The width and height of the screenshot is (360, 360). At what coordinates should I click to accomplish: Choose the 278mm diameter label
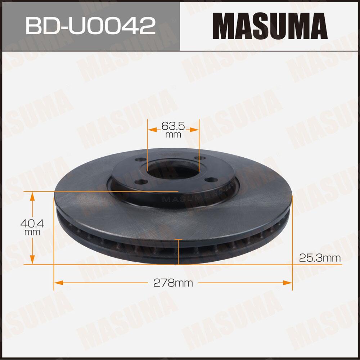(x=173, y=283)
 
